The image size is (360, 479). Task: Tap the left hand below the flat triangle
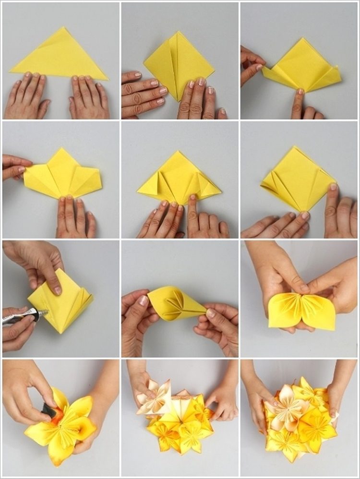[x=27, y=97]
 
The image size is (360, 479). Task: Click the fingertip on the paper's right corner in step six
[x=333, y=187]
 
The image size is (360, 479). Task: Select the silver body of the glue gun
[x=19, y=318]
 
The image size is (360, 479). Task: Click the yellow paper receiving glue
[x=62, y=302]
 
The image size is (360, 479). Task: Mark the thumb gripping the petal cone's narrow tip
[x=211, y=313]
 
